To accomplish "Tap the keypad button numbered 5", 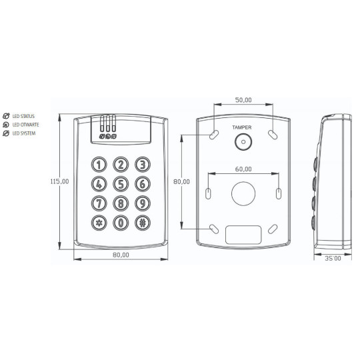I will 121,184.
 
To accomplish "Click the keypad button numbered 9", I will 141,203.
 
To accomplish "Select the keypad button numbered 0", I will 121,223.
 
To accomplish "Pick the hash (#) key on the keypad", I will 141,223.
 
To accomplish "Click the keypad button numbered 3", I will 141,164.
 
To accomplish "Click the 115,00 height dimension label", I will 59,181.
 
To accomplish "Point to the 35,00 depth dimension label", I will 333,257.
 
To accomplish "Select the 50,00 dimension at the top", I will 244,101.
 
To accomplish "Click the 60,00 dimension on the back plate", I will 243,169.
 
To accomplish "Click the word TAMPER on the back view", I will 242,127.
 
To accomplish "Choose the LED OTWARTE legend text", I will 25,125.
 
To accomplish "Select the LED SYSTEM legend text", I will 23,133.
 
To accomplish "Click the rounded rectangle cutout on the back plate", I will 243,234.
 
